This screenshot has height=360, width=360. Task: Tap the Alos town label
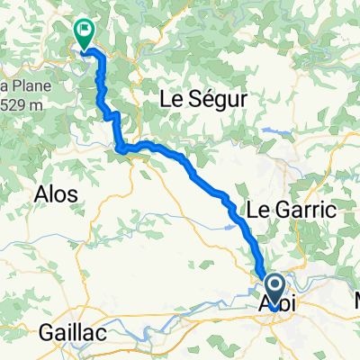click(55, 194)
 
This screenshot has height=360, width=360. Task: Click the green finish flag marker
click(84, 35)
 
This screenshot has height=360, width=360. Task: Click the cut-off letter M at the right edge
click(355, 299)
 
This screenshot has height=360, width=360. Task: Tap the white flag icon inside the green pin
click(85, 31)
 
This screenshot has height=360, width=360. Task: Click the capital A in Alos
click(40, 194)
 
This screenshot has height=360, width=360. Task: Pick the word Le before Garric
click(256, 210)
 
